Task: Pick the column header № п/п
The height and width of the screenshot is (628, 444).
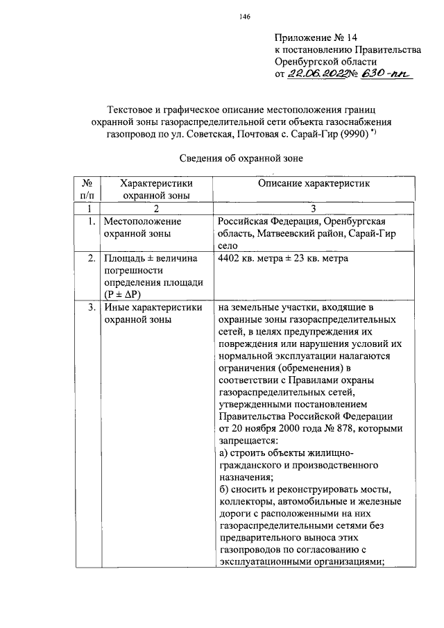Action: pyautogui.click(x=87, y=189)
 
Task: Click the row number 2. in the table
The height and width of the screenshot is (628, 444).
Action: pyautogui.click(x=91, y=259)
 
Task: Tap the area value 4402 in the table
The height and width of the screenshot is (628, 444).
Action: pyautogui.click(x=230, y=259)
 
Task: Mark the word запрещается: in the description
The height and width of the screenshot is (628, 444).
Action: pyautogui.click(x=248, y=441)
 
